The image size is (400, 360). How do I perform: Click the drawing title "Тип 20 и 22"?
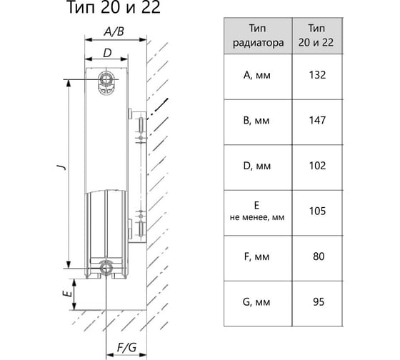(114, 7)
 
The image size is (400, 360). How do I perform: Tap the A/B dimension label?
(114, 31)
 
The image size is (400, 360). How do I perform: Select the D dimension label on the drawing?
(107, 53)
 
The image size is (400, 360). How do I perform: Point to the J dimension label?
(61, 166)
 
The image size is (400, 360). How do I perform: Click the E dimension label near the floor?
(67, 294)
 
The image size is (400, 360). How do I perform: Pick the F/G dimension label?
(126, 347)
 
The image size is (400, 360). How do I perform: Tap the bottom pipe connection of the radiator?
(106, 268)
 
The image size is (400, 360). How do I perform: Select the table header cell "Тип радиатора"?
(258, 36)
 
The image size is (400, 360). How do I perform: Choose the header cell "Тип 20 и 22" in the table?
(316, 36)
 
